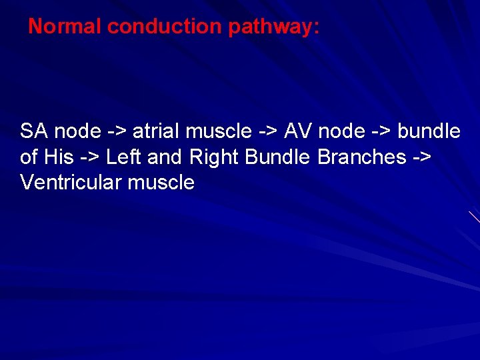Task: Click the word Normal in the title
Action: (65, 27)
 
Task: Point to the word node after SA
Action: (79, 131)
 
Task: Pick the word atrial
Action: (161, 131)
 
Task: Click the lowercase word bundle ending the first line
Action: (429, 131)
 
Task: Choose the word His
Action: (58, 157)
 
